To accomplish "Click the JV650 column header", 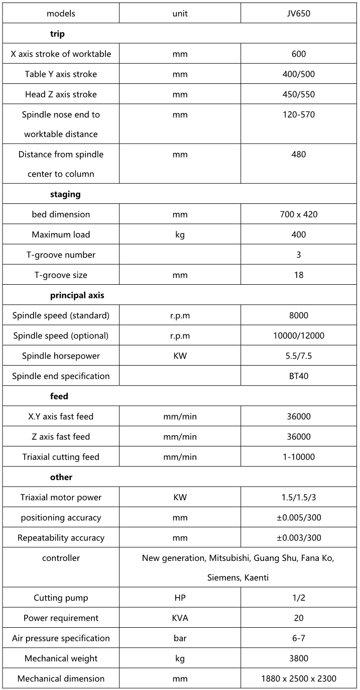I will pyautogui.click(x=298, y=14).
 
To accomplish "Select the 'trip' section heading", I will pyautogui.click(x=57, y=34).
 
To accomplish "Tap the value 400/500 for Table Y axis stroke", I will pyautogui.click(x=298, y=74).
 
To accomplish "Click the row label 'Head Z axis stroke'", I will pyautogui.click(x=61, y=94).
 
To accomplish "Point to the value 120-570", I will pyautogui.click(x=298, y=114).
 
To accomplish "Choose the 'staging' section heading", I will pyautogui.click(x=65, y=194).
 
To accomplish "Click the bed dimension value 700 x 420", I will pyautogui.click(x=298, y=214).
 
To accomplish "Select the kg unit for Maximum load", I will pyautogui.click(x=180, y=235).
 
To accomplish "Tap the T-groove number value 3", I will pyautogui.click(x=298, y=255).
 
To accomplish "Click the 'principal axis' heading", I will pyautogui.click(x=77, y=295).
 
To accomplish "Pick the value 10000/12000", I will pyautogui.click(x=298, y=335).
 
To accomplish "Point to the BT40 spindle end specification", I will pyautogui.click(x=298, y=376).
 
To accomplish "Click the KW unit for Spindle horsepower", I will pyautogui.click(x=180, y=356).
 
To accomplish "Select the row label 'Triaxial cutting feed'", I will pyautogui.click(x=61, y=457).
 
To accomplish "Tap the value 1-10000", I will pyautogui.click(x=298, y=457).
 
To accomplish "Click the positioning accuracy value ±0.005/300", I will pyautogui.click(x=298, y=517).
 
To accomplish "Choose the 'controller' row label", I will pyautogui.click(x=61, y=558).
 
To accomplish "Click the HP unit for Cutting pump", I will pyautogui.click(x=180, y=598).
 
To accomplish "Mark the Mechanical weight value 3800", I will pyautogui.click(x=298, y=658).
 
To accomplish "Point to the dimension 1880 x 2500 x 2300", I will pyautogui.click(x=298, y=678).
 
